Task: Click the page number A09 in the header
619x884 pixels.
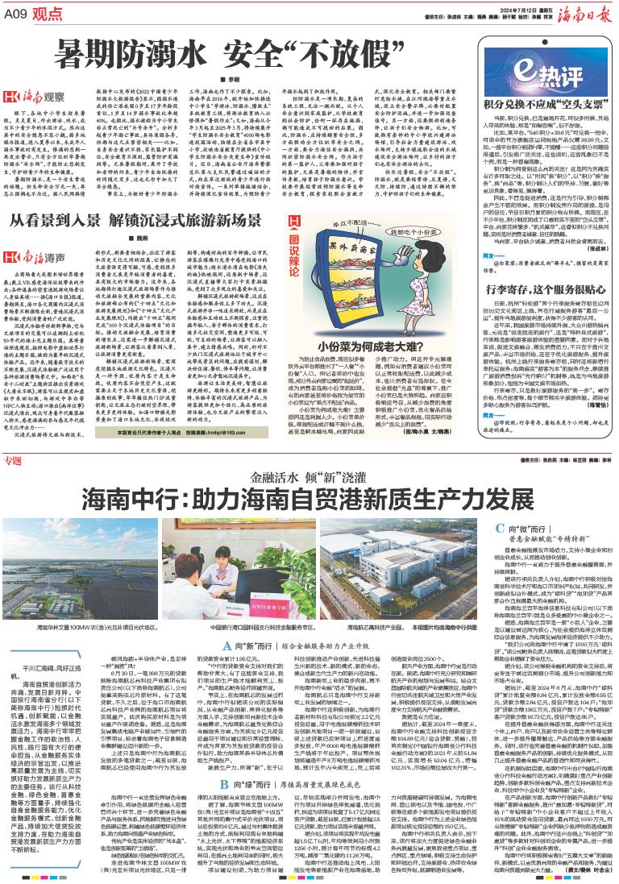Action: pyautogui.click(x=22, y=12)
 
